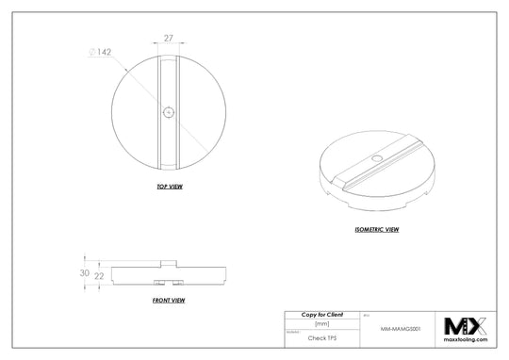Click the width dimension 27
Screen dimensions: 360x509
[x=168, y=40]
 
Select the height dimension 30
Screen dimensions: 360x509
[x=85, y=272]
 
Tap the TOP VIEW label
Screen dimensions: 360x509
[x=169, y=187]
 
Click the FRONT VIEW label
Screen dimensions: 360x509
[x=168, y=300]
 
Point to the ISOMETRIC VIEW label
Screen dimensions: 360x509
[x=375, y=229]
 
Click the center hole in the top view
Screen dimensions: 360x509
[x=168, y=112]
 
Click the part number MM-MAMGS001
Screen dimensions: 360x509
[x=400, y=331]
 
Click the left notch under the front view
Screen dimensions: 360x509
[x=157, y=283]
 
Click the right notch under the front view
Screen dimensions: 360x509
[x=176, y=283]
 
